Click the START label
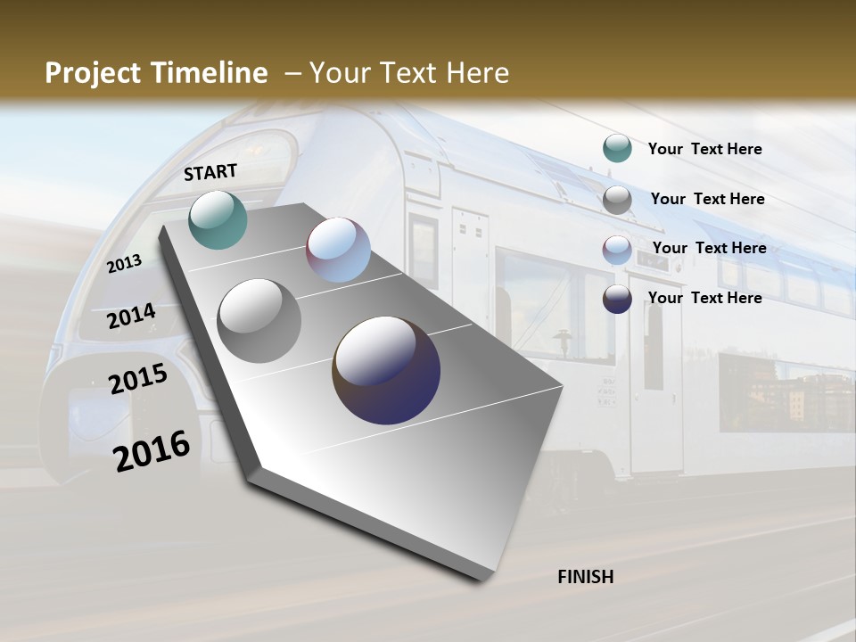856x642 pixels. point(210,172)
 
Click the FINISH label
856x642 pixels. point(586,577)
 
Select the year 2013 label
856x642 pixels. point(124,264)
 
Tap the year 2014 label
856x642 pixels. point(131,317)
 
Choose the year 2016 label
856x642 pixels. point(152,451)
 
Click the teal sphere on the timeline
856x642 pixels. point(218,219)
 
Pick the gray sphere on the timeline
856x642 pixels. point(259,321)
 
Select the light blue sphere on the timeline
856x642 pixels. point(338,251)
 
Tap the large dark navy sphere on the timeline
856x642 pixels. point(386,370)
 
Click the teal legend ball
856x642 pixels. point(617,149)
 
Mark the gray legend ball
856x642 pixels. point(617,200)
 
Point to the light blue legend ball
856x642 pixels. point(617,250)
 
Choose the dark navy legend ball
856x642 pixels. point(617,299)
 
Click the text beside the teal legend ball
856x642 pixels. point(704,149)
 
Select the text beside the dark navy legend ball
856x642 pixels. point(704,298)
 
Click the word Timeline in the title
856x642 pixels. point(210,73)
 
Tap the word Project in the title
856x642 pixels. point(94,73)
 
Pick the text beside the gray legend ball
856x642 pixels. point(707,199)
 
